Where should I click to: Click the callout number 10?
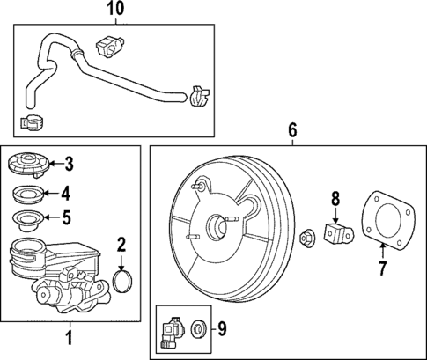click(115, 10)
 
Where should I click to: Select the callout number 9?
click(223, 330)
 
